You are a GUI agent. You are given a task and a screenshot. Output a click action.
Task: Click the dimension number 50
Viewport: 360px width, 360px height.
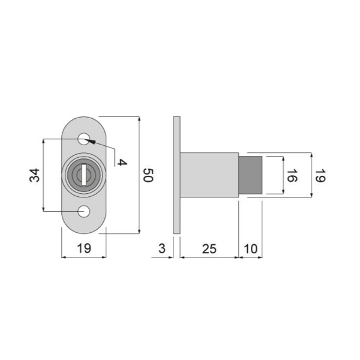click(148, 175)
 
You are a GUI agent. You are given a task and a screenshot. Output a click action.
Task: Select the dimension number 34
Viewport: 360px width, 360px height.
click(35, 175)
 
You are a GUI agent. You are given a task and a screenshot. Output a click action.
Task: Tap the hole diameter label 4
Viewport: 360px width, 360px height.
click(122, 163)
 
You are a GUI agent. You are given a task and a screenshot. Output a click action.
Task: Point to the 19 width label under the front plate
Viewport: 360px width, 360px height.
click(84, 248)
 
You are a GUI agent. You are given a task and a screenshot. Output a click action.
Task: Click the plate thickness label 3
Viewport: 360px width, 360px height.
click(162, 248)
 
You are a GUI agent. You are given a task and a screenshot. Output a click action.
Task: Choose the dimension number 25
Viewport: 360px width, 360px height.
click(209, 249)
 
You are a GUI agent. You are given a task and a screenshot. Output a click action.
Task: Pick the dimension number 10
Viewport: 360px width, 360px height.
click(250, 249)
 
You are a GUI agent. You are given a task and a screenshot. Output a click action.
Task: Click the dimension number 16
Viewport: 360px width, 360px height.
click(292, 175)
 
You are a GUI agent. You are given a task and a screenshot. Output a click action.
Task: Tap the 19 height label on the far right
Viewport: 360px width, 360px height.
click(320, 176)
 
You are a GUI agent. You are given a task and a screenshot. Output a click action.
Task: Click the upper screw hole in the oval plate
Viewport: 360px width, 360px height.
click(83, 139)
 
